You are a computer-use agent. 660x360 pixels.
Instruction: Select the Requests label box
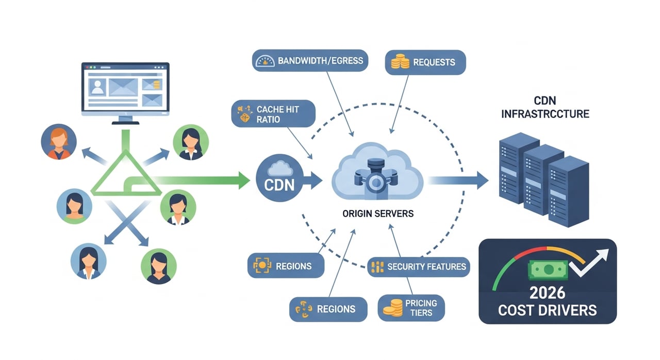[425, 62]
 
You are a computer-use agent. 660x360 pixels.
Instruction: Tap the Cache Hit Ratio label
[273, 114]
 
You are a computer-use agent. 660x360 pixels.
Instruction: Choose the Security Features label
[418, 267]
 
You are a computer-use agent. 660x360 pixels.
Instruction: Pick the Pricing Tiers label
[411, 308]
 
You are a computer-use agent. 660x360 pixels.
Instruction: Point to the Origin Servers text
[378, 213]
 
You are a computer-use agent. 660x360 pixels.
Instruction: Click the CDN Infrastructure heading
[545, 107]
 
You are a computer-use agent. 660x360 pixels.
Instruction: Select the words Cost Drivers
[547, 310]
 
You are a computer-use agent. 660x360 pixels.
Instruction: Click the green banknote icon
[546, 269]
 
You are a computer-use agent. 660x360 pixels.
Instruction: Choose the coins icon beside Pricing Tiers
[392, 308]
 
